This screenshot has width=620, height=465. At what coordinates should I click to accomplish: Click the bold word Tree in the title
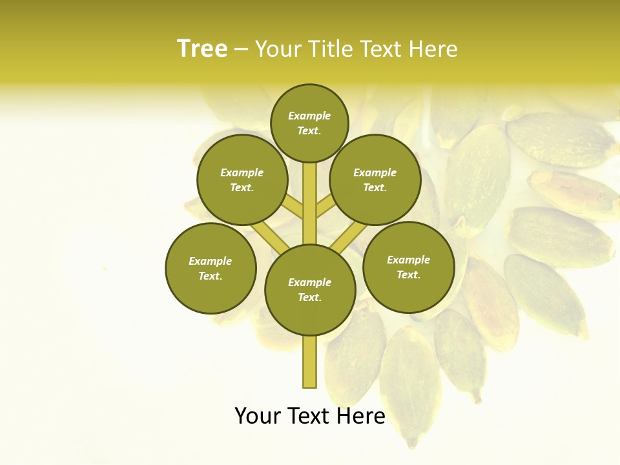click(x=202, y=49)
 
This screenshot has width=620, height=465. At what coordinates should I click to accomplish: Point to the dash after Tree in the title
click(x=241, y=50)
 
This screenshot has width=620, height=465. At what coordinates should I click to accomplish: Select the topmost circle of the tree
click(x=309, y=123)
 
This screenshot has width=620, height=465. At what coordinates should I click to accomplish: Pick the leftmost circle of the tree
click(x=211, y=268)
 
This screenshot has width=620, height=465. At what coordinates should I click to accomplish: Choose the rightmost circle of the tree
click(x=408, y=267)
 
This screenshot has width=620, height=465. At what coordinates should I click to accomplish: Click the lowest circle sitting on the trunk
click(x=310, y=290)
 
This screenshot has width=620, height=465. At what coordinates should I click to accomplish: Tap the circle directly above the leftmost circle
click(x=242, y=180)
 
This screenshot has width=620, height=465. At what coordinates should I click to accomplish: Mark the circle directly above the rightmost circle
click(x=375, y=180)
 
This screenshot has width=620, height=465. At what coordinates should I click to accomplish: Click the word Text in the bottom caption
click(x=307, y=416)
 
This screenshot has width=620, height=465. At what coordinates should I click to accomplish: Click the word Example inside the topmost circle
click(x=309, y=116)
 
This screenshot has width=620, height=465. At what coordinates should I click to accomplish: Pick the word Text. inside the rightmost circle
click(x=408, y=274)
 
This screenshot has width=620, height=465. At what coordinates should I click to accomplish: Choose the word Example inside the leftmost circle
click(x=211, y=261)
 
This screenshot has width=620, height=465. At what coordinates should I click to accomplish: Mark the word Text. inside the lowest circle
click(x=310, y=297)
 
